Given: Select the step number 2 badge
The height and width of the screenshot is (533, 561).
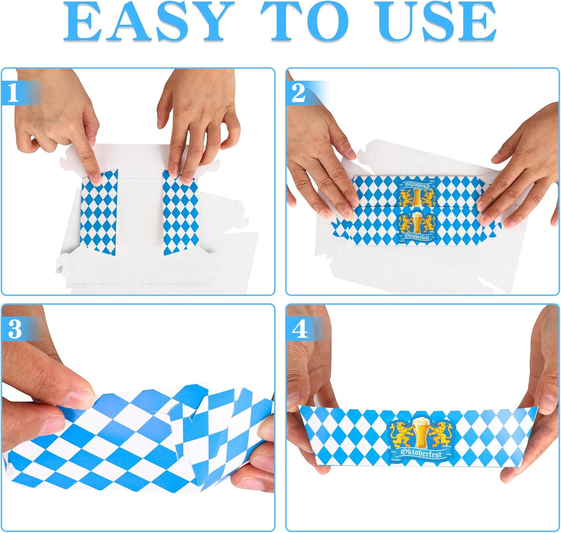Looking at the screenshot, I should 298,93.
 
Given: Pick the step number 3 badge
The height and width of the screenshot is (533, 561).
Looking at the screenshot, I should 15,329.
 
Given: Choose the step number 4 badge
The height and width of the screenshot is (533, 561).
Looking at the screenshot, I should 300,329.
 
